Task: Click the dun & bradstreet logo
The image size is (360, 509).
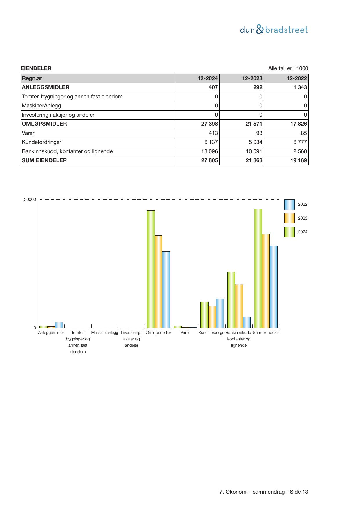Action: click(274, 30)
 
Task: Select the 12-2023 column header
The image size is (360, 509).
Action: click(252, 78)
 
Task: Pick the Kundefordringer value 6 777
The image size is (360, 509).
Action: click(300, 142)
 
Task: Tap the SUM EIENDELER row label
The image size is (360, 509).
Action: click(44, 160)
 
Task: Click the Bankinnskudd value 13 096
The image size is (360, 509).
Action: click(209, 151)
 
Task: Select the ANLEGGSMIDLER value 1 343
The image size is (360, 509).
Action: click(300, 87)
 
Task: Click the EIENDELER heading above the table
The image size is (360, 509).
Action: click(36, 68)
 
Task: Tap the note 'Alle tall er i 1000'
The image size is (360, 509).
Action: click(288, 68)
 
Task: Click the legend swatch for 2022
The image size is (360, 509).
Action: click(289, 205)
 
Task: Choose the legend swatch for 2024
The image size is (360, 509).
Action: click(289, 232)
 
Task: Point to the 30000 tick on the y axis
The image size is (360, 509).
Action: click(30, 200)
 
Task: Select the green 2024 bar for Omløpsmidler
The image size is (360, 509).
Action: click(151, 269)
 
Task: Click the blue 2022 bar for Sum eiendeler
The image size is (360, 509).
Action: click(273, 287)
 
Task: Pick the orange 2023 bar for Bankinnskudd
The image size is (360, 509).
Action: click(239, 306)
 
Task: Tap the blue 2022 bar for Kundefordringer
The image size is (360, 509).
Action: click(220, 313)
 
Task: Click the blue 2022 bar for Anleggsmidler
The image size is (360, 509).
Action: click(59, 325)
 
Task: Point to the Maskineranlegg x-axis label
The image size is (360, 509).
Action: click(105, 333)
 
